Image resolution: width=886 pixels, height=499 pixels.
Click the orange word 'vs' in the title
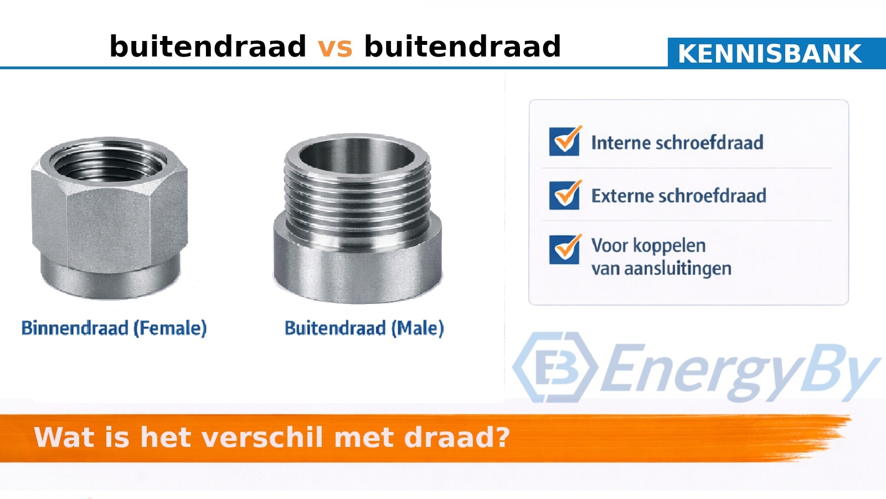(334, 47)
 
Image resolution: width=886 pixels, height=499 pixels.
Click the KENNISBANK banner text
(770, 54)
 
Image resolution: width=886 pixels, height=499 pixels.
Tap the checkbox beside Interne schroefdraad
(564, 141)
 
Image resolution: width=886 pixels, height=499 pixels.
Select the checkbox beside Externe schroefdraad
(564, 195)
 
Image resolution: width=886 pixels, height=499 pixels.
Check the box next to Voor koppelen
(564, 250)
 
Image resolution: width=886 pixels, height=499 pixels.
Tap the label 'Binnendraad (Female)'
(114, 328)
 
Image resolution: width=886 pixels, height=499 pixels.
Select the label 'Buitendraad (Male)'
(364, 328)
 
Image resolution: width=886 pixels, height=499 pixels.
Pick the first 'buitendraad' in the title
(208, 47)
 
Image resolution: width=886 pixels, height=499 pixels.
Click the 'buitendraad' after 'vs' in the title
(462, 47)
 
